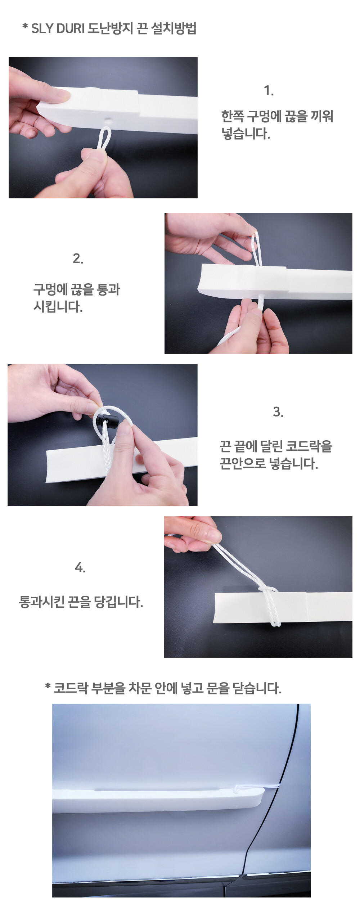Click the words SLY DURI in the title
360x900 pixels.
tap(58, 28)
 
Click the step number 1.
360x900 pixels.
tap(269, 90)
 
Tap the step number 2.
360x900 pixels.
tap(78, 258)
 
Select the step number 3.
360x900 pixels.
tap(278, 412)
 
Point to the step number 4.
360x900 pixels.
tap(80, 568)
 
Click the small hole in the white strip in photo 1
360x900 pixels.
tap(107, 118)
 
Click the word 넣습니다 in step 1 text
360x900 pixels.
tap(246, 134)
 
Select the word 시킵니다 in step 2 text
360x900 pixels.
tap(58, 307)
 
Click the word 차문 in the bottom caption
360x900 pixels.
tap(139, 688)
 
